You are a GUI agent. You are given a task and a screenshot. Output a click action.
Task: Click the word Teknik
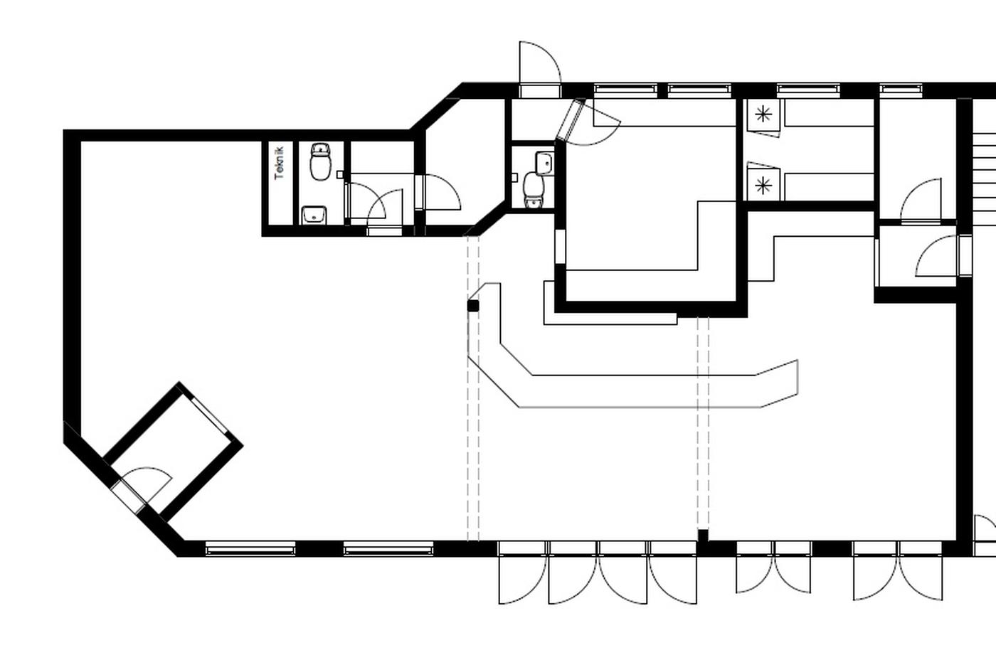(279, 163)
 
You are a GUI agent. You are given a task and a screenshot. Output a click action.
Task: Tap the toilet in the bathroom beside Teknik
(320, 161)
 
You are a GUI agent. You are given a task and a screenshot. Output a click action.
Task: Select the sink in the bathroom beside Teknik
(314, 215)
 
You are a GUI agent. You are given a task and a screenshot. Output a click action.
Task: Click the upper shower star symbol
(763, 115)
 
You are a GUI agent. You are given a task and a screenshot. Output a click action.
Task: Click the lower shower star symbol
(763, 186)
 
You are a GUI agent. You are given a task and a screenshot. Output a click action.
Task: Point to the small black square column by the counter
(473, 306)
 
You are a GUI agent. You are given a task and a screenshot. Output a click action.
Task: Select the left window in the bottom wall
(250, 549)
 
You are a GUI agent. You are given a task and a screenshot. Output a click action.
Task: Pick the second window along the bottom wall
(388, 549)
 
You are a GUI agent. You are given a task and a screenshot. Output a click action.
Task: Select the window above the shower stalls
(808, 90)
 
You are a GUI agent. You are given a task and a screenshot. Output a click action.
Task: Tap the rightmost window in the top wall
(901, 90)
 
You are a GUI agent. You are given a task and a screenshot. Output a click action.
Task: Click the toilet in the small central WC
(534, 190)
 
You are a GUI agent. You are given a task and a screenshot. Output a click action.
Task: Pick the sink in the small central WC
(545, 163)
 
